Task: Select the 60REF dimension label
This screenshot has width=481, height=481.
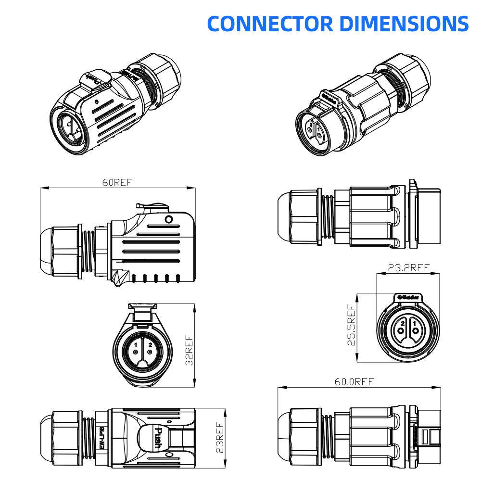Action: [117, 183]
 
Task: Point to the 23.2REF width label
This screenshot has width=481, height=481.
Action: [408, 268]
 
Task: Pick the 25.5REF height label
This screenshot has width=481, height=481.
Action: [353, 325]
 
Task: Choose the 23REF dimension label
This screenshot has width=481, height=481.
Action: [219, 437]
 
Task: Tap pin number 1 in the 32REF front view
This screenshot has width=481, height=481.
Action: [136, 344]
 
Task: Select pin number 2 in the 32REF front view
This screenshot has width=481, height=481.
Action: [150, 344]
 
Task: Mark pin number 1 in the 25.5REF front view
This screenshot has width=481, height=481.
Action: [414, 325]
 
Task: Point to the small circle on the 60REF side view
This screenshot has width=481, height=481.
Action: [168, 220]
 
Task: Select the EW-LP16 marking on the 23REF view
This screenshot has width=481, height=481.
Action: [102, 439]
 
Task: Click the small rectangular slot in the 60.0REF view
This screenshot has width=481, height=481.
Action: [425, 438]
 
